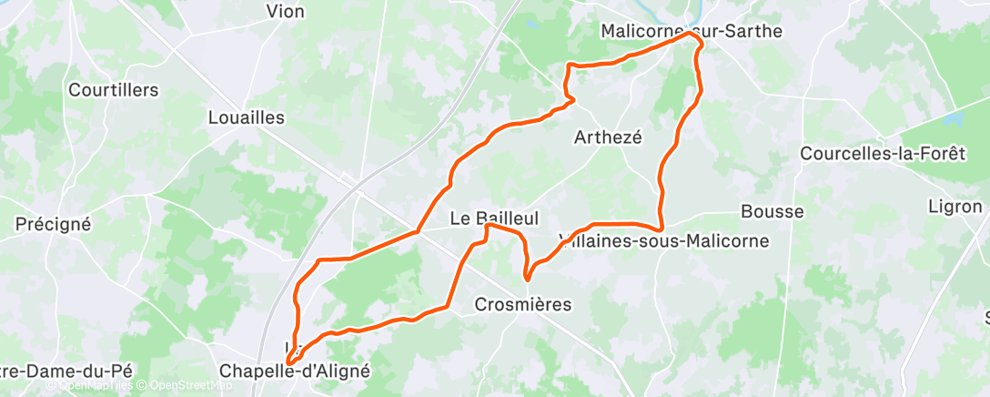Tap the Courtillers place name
point(114,90)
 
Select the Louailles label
point(247,117)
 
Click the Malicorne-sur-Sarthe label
point(692,31)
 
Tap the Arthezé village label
point(609,137)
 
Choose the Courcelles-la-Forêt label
point(882,154)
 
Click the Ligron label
point(955,207)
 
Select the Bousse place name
point(772,212)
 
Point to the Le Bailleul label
point(495,219)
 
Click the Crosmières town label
point(523,305)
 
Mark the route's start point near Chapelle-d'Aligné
point(289,361)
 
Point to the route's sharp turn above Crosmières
point(527,279)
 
